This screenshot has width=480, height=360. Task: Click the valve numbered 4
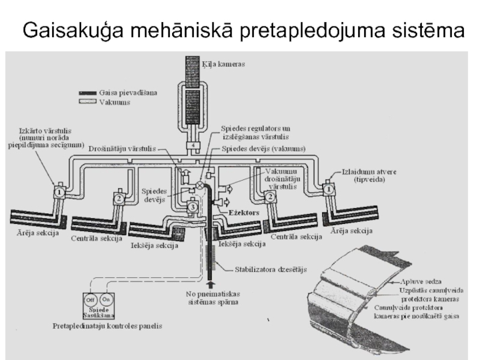194,146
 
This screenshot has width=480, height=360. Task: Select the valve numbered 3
192,207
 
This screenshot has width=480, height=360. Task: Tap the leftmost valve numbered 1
60,191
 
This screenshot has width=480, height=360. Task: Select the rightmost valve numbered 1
329,188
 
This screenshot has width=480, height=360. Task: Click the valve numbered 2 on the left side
119,198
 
